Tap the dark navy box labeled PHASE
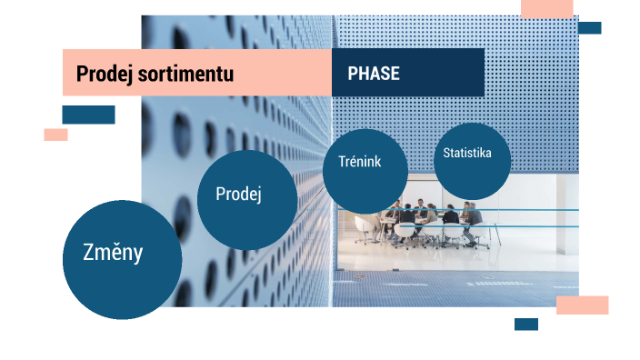(407, 73)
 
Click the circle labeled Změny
(122, 259)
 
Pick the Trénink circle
(365, 170)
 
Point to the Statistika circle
(472, 161)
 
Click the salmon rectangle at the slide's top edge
(546, 9)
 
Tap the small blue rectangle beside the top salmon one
(589, 28)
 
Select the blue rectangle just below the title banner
(88, 115)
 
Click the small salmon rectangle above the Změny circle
(55, 135)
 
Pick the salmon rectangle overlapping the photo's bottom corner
(582, 305)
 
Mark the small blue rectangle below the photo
(525, 325)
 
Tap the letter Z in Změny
(88, 253)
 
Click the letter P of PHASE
(353, 74)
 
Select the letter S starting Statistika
(446, 153)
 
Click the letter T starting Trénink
(342, 162)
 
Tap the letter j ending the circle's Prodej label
(259, 195)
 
